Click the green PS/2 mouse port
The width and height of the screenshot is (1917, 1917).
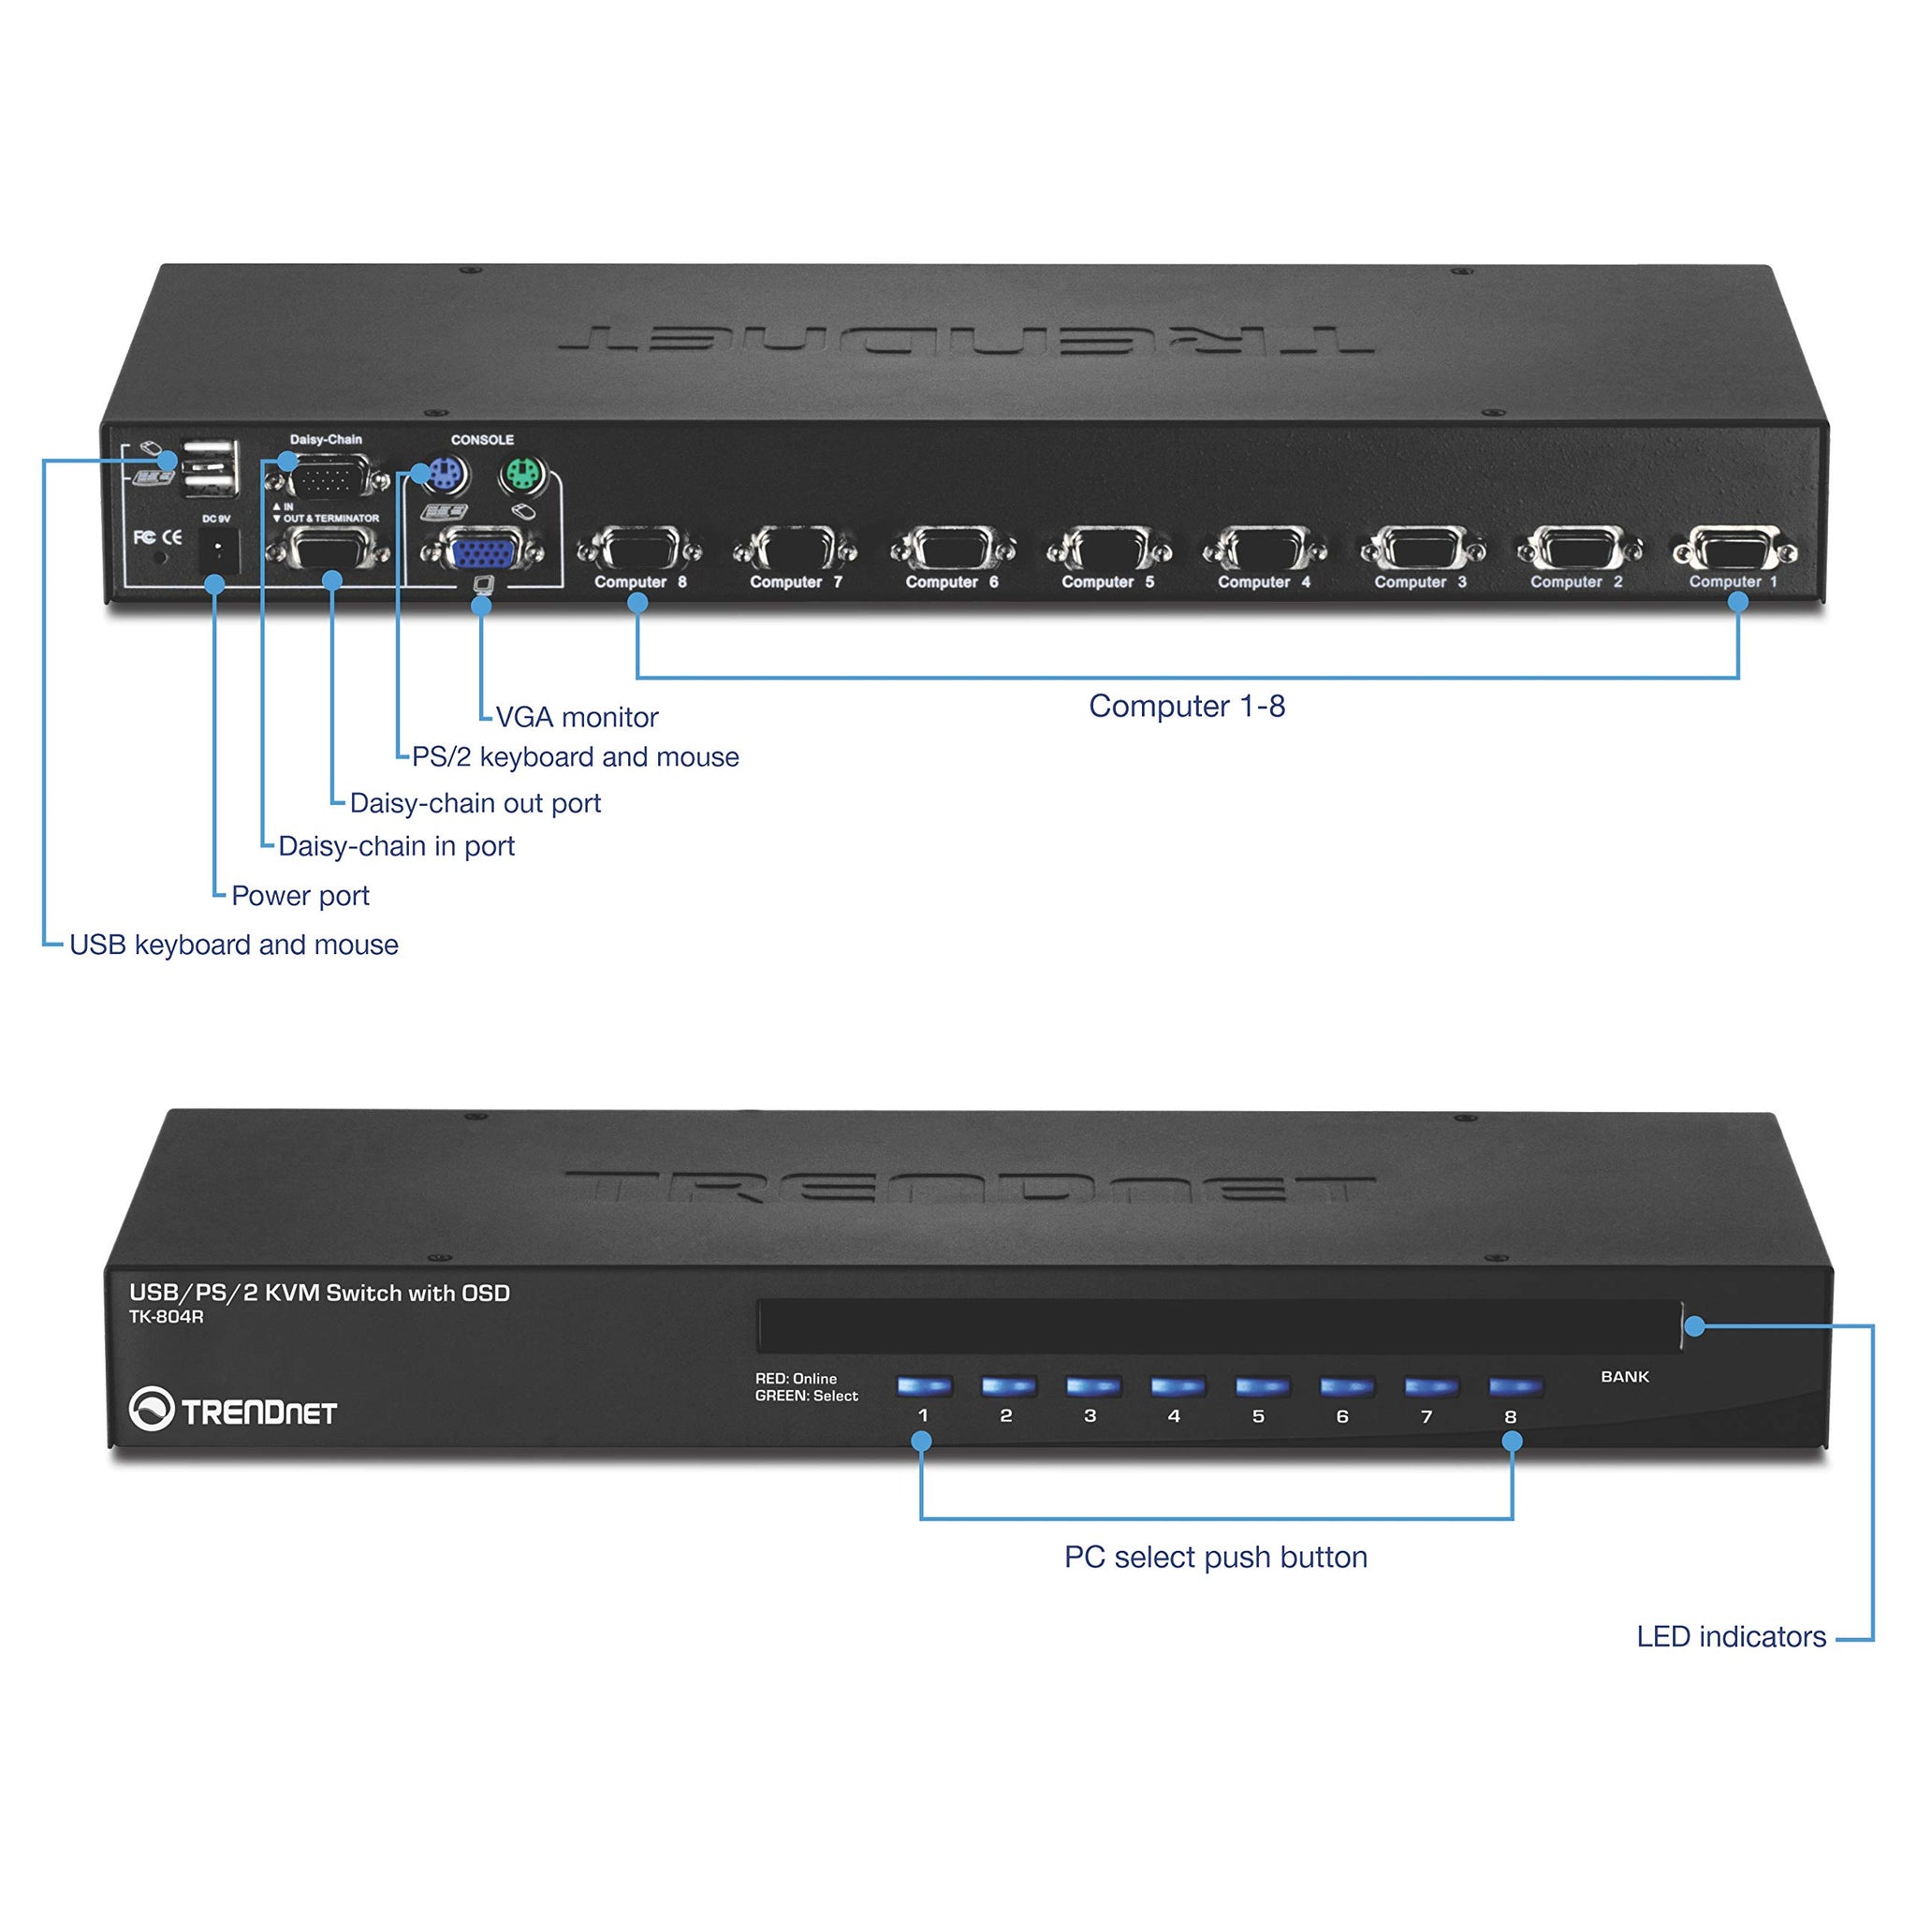click(x=523, y=476)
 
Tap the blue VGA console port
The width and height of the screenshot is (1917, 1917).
click(x=481, y=550)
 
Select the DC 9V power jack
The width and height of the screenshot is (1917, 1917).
click(x=218, y=549)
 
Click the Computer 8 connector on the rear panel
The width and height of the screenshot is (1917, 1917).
click(x=640, y=549)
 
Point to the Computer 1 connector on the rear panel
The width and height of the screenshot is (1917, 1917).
click(x=1734, y=549)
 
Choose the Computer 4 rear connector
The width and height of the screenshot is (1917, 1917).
click(x=1264, y=549)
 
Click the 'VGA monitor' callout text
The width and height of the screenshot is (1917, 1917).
click(x=577, y=717)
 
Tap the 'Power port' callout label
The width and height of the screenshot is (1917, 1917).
click(x=300, y=896)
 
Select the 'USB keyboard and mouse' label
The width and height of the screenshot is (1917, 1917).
click(x=234, y=944)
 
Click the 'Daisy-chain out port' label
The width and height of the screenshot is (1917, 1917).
click(x=476, y=804)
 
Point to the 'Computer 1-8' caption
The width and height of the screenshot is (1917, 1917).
click(x=1187, y=707)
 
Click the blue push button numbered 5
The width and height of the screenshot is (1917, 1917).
click(x=1261, y=1386)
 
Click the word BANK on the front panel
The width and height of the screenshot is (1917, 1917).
click(x=1624, y=1377)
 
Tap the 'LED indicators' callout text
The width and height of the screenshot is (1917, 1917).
click(x=1731, y=1637)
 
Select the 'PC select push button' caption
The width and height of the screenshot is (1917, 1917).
click(x=1216, y=1558)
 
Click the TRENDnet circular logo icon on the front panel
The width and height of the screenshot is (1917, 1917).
click(x=151, y=1409)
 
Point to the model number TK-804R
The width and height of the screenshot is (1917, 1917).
click(x=166, y=1318)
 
